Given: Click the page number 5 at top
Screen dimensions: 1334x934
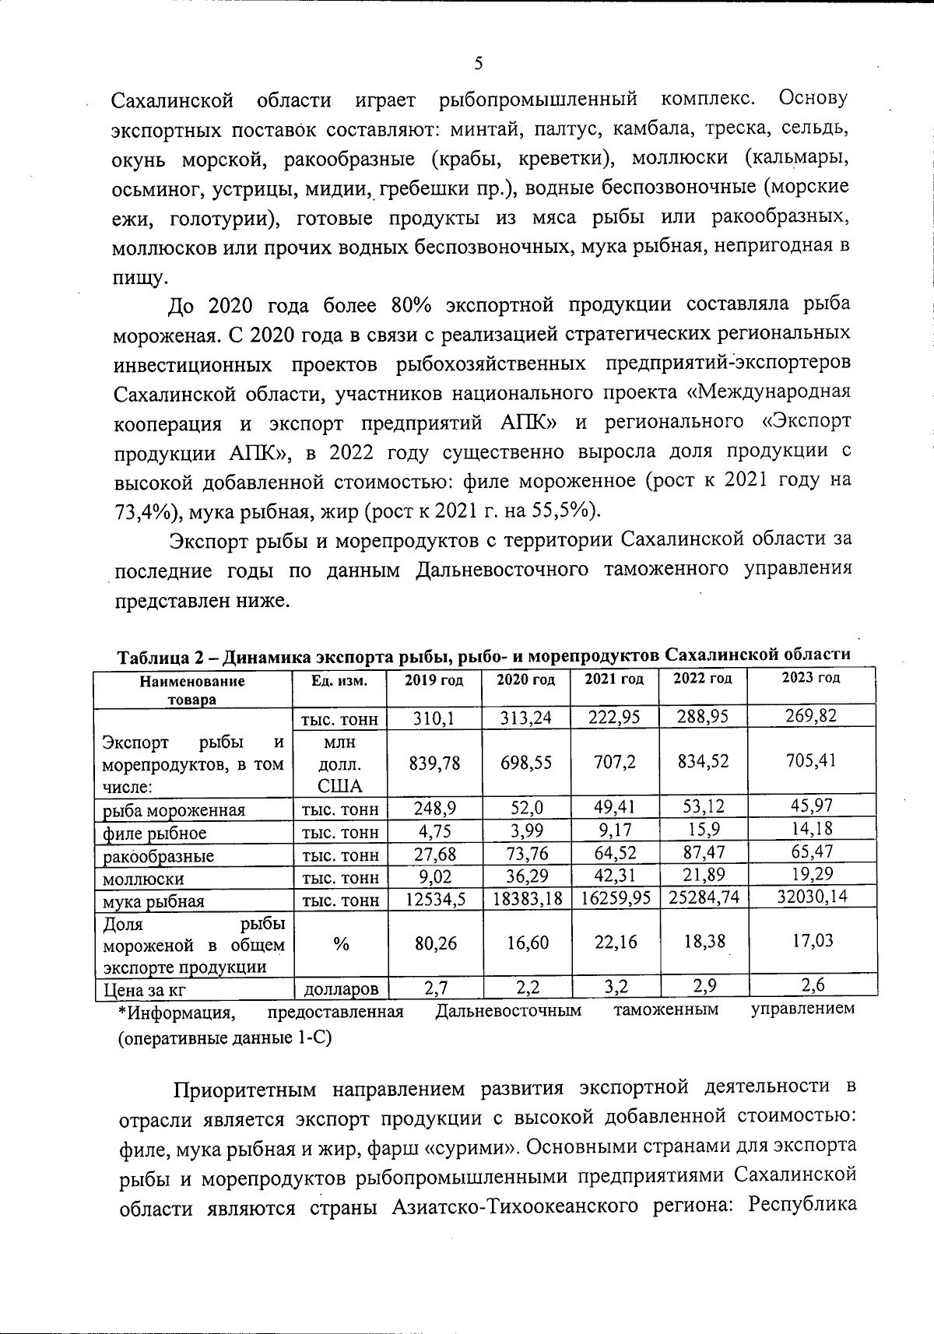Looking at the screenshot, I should pyautogui.click(x=479, y=64).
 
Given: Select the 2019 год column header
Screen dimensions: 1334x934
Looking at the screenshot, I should pyautogui.click(x=434, y=680).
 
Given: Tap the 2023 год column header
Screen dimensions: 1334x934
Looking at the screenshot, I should pyautogui.click(x=811, y=678).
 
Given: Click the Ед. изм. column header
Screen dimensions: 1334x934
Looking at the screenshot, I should pyautogui.click(x=339, y=680).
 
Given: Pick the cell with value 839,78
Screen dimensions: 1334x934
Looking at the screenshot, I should pyautogui.click(x=434, y=764).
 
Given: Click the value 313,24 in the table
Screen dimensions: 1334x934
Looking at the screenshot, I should pyautogui.click(x=525, y=718).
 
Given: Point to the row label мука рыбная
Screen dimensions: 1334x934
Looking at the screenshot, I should pyautogui.click(x=154, y=902).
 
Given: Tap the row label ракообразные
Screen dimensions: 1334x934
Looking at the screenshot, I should pyautogui.click(x=159, y=857).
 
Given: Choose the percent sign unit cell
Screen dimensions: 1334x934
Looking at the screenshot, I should pyautogui.click(x=340, y=944).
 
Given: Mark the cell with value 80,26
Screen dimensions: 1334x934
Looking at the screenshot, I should pyautogui.click(x=434, y=943).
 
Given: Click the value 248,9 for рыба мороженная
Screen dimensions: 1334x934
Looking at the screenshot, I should pyautogui.click(x=434, y=809).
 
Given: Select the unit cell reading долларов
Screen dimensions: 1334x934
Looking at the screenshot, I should pyautogui.click(x=340, y=989).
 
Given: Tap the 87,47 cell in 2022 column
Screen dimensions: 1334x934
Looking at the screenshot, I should pyautogui.click(x=703, y=853).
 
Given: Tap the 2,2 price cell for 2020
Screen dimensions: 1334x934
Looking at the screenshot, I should pyautogui.click(x=525, y=987).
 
